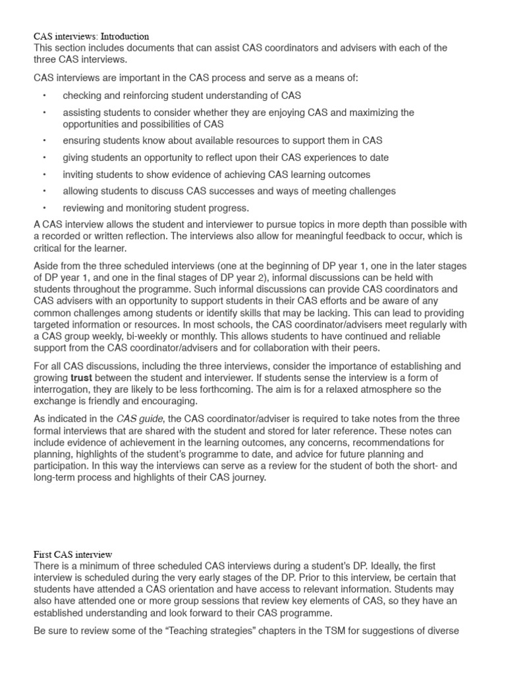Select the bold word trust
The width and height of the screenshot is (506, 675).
tap(83, 378)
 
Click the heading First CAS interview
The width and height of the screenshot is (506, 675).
tap(73, 554)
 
